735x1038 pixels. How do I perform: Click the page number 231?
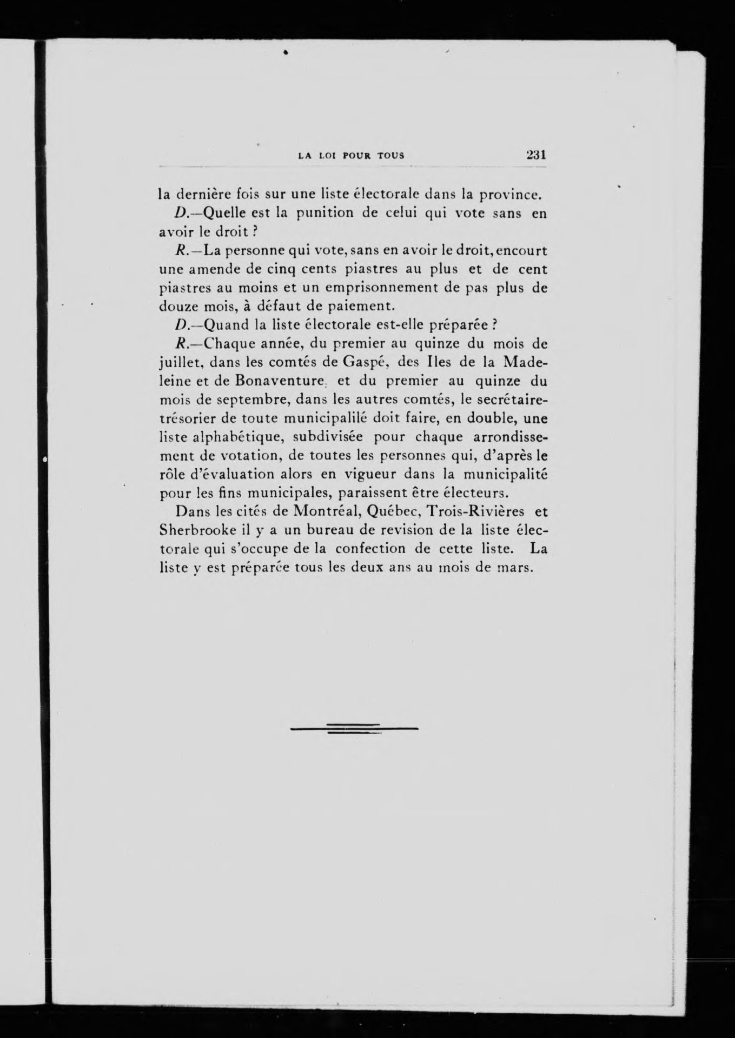click(536, 155)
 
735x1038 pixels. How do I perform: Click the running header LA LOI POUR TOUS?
click(352, 156)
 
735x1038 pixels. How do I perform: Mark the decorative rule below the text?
click(354, 729)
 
